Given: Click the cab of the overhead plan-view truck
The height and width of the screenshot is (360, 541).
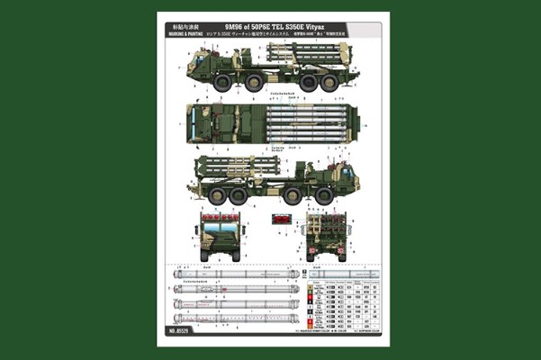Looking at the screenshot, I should coord(197,122).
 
